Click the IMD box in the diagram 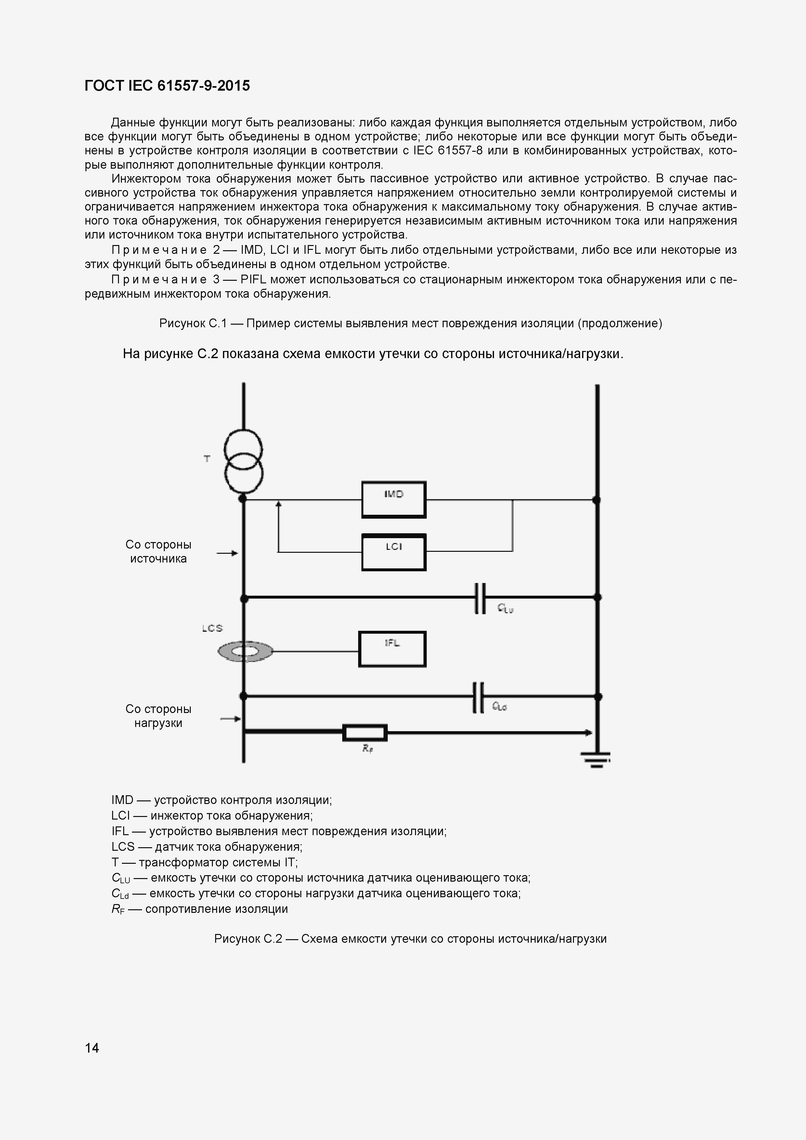pyautogui.click(x=393, y=499)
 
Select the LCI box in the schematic pyautogui.click(x=393, y=552)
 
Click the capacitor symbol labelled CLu pyautogui.click(x=480, y=598)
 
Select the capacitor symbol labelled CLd pyautogui.click(x=478, y=698)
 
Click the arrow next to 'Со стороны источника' pyautogui.click(x=228, y=553)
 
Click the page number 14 pyautogui.click(x=92, y=1048)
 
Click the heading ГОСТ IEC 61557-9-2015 pyautogui.click(x=167, y=86)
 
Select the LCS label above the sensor pyautogui.click(x=212, y=628)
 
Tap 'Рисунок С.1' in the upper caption pyautogui.click(x=193, y=324)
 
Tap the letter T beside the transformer pyautogui.click(x=207, y=459)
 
